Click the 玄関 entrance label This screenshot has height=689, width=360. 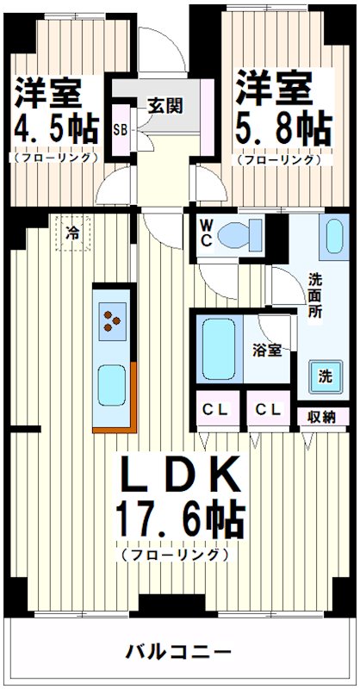(x=164, y=106)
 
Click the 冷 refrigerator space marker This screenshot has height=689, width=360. (x=74, y=232)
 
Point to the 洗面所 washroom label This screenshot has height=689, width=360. (x=316, y=295)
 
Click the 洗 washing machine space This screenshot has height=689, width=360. (x=325, y=376)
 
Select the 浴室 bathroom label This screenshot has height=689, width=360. (x=266, y=351)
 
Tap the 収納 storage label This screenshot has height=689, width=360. (x=321, y=416)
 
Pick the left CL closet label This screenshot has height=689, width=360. (x=215, y=410)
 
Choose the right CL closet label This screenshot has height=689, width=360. (x=267, y=410)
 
